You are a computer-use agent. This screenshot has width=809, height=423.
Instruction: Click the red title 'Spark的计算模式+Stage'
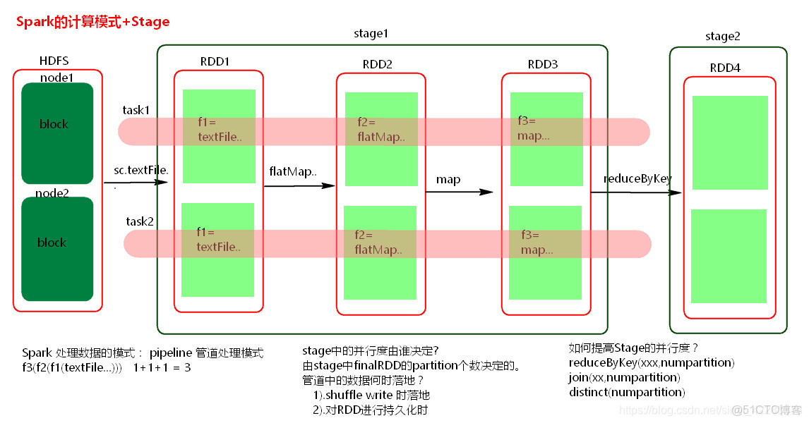[x=93, y=22]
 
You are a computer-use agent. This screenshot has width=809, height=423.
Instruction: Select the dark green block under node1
[x=57, y=133]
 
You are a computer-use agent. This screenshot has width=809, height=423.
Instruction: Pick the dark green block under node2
[x=57, y=249]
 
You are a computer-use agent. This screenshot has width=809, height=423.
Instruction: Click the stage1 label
[x=371, y=34]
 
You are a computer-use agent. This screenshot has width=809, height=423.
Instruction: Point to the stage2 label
[x=723, y=36]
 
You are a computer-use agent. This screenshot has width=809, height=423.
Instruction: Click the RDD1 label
[x=215, y=61]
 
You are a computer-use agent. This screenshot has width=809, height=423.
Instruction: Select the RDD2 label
[x=377, y=64]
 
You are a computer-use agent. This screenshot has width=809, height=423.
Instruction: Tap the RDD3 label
[x=542, y=64]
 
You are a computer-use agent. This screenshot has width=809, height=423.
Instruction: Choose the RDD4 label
[x=725, y=68]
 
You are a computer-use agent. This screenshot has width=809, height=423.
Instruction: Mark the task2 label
[x=140, y=221]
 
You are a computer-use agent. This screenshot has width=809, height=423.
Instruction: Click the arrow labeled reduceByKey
[x=636, y=191]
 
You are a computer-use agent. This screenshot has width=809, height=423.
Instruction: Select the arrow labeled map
[x=459, y=191]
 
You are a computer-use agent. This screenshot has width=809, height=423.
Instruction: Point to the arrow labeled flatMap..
[x=299, y=185]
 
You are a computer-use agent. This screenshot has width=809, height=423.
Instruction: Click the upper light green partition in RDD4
[x=729, y=142]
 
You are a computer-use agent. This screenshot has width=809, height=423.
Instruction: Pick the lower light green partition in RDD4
[x=729, y=256]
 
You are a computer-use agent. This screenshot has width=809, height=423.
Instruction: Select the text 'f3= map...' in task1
[x=533, y=129]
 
